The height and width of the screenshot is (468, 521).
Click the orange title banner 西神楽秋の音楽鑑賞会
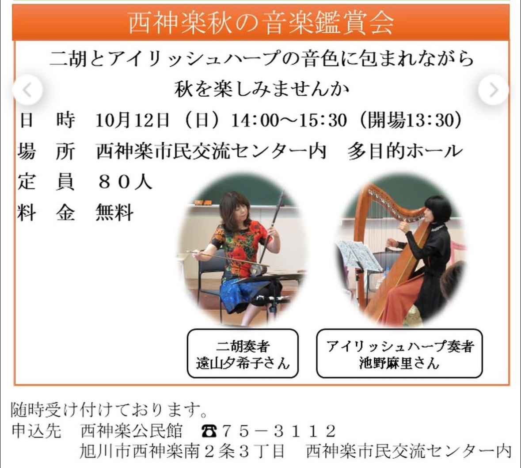(x=261, y=23)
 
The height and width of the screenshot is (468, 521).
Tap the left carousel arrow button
(x=27, y=90)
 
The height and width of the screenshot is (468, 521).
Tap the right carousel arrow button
(x=494, y=90)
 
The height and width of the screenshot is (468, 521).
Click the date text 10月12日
(x=132, y=120)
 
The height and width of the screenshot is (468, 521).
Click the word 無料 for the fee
(x=114, y=213)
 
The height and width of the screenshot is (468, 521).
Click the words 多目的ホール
(x=405, y=151)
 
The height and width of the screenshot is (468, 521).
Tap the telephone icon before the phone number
(x=209, y=431)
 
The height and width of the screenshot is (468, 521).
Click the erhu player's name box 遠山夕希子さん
(x=243, y=354)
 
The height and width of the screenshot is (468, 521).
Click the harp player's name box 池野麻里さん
(x=399, y=354)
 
